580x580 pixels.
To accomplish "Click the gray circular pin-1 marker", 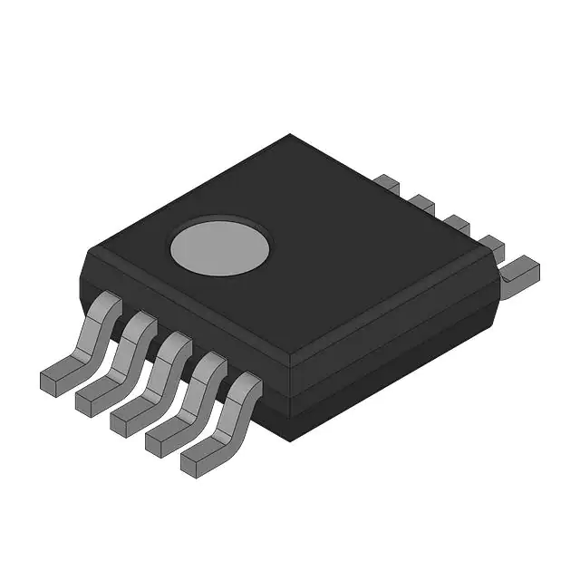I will [220, 245].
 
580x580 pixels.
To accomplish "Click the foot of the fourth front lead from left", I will [164, 440].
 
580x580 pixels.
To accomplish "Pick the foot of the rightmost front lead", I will [200, 460].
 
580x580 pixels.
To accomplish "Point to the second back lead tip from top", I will [421, 202].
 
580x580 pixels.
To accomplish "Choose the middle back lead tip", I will [456, 223].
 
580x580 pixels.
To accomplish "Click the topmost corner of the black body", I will [290, 135].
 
